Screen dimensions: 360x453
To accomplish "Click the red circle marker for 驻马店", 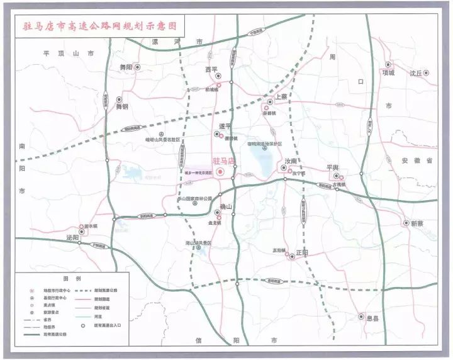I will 220,172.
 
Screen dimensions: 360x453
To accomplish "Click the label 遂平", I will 225,126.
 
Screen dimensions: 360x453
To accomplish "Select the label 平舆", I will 332,167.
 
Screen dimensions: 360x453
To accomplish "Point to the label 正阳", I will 301,252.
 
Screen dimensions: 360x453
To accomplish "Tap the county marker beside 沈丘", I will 426,73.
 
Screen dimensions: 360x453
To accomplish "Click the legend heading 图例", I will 69,278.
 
